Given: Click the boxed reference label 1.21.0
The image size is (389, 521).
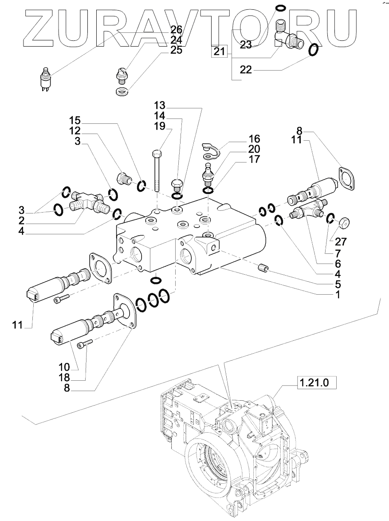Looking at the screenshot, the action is (314, 383).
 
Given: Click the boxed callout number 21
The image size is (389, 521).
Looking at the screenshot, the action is (219, 51).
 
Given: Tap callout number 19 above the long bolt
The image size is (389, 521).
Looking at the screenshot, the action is (160, 126).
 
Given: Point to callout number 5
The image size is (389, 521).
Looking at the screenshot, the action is (338, 284).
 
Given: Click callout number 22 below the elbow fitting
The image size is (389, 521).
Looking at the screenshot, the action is (246, 70).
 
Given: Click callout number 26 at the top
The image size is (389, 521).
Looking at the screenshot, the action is (177, 30).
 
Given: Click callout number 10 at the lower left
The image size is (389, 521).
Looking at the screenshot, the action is (64, 367).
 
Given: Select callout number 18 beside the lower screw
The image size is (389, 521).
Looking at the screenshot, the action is (64, 378).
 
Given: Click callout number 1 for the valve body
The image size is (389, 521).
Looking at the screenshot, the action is (338, 294).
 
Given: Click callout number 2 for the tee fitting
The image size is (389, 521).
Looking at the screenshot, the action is (22, 221).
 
